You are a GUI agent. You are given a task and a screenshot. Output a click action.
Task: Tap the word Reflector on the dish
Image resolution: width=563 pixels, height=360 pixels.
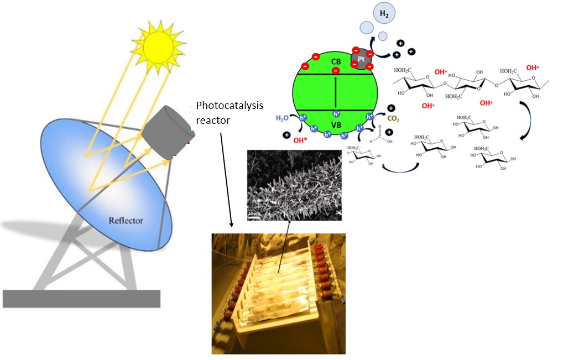click(126, 221)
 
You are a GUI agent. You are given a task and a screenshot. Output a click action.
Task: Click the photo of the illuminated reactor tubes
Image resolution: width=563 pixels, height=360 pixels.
click(278, 293)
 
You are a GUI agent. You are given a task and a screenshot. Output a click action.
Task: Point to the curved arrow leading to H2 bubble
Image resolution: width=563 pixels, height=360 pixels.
click(382, 40)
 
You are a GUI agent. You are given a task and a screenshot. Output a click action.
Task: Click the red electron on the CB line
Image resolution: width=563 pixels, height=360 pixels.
click(336, 71)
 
